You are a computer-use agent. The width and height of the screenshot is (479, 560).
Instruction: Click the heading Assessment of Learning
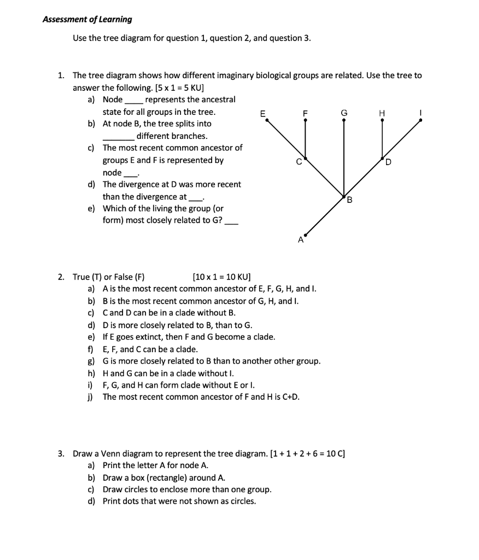tap(87, 19)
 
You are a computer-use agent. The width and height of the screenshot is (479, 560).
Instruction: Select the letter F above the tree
tap(305, 113)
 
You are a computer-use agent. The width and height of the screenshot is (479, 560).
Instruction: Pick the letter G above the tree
tap(343, 113)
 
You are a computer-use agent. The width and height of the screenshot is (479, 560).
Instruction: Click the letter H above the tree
tap(382, 113)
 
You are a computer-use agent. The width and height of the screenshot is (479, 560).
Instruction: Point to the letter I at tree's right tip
tap(419, 113)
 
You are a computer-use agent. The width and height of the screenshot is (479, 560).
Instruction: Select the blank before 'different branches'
tap(119, 137)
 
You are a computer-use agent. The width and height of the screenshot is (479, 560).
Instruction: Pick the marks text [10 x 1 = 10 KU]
tap(221, 277)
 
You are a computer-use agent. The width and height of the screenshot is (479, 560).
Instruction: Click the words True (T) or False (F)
tap(108, 277)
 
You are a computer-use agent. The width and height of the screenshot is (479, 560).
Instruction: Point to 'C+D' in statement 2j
tap(290, 397)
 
